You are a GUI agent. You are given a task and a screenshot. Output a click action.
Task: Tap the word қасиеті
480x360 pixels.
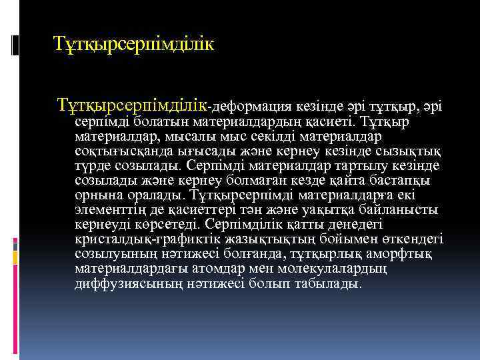(x=331, y=122)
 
